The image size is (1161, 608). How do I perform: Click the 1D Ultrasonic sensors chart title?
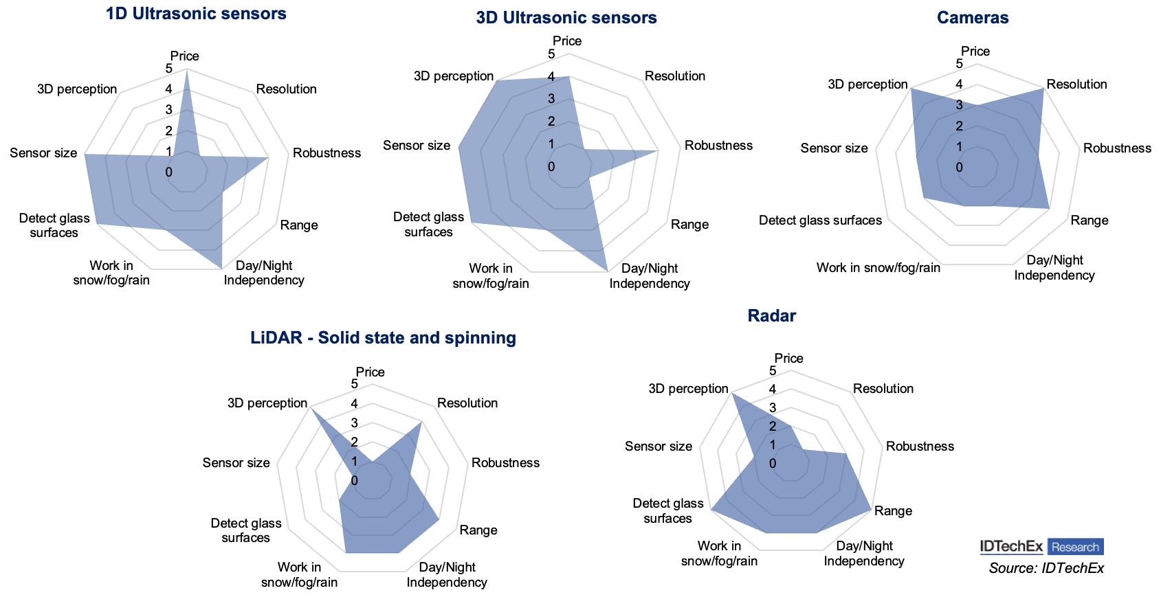196,14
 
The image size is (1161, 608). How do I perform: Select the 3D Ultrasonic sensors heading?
566,18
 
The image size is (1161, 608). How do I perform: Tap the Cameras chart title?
973,18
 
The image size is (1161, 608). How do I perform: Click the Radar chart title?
771,316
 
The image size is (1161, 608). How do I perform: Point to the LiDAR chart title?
383,338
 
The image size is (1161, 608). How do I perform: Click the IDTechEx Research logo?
1041,547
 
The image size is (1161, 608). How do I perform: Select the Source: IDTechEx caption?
1046,568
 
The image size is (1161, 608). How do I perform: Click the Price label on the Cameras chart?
975,52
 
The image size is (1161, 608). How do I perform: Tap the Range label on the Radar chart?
893,511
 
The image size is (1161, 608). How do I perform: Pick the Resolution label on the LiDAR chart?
467,403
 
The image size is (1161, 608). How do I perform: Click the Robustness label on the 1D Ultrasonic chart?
327,153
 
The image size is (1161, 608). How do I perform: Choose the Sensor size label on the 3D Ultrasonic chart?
417,146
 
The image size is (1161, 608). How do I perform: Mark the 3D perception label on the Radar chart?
688,389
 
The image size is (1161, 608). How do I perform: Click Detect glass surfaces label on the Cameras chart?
820,221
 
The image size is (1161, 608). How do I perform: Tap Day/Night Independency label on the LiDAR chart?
447,575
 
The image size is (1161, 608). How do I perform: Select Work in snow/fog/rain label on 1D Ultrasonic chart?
111,273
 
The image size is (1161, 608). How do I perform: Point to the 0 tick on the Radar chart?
773,464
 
